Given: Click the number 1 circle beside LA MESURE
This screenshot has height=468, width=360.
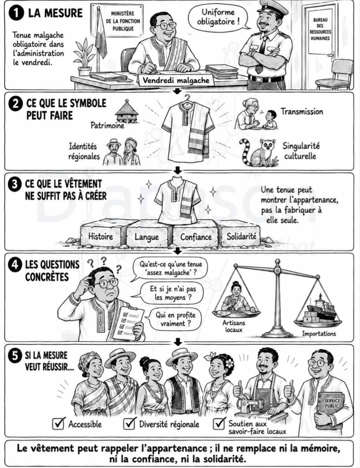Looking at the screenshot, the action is pyautogui.click(x=16, y=13).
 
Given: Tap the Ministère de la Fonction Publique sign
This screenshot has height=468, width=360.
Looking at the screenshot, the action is pyautogui.click(x=123, y=20).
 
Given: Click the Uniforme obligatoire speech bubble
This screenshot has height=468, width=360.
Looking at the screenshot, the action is pyautogui.click(x=218, y=17).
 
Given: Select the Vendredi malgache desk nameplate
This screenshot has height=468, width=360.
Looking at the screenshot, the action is pyautogui.click(x=176, y=81).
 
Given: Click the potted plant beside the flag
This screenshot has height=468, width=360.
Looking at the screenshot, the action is pyautogui.click(x=84, y=57).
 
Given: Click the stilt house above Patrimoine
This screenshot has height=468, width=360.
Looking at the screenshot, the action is pyautogui.click(x=126, y=111).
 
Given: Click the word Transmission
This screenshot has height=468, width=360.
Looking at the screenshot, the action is pyautogui.click(x=302, y=112).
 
